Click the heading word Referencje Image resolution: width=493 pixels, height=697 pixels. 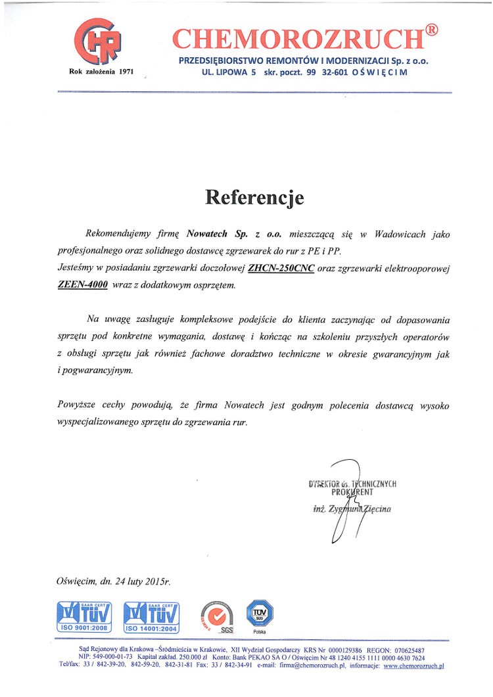(x=254, y=196)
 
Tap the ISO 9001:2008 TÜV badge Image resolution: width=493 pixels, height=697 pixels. (x=83, y=616)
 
